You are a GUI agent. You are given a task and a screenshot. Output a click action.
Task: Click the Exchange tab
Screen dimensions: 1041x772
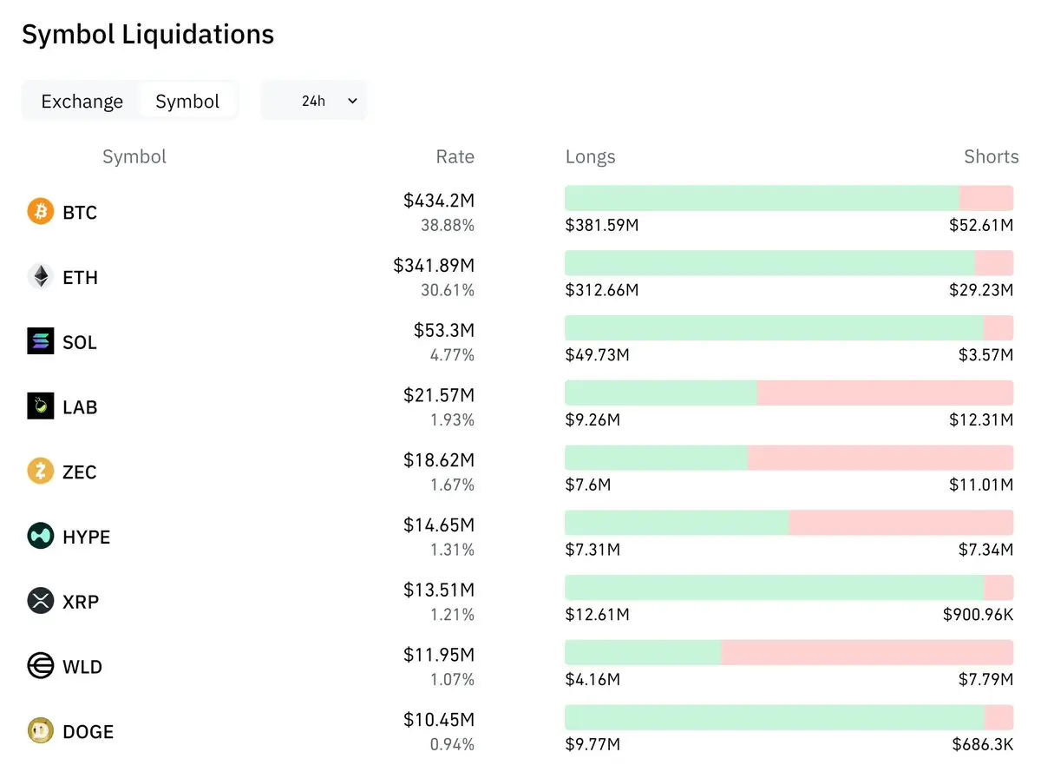click(82, 101)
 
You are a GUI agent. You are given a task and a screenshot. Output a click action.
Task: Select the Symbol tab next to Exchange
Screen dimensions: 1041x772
click(187, 101)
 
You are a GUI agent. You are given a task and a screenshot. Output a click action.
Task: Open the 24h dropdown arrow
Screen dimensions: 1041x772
click(352, 101)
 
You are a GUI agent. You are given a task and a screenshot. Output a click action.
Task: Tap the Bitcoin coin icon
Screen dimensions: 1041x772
click(41, 211)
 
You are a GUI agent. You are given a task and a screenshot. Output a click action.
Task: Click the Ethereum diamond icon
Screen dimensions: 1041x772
click(41, 276)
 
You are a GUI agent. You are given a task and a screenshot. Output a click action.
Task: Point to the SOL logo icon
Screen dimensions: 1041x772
click(41, 340)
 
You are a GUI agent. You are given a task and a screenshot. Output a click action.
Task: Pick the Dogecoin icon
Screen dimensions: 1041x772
click(41, 730)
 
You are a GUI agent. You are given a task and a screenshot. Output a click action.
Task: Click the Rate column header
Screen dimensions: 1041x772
click(455, 156)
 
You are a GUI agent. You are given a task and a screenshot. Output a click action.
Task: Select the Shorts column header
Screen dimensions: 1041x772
click(992, 156)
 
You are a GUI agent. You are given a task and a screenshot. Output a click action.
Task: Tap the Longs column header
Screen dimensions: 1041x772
click(590, 157)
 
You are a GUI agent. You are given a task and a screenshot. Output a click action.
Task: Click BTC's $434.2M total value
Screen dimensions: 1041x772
click(439, 201)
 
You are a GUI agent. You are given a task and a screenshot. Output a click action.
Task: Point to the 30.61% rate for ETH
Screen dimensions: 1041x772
click(448, 290)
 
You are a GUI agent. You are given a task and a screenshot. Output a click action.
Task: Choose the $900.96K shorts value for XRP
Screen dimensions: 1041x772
click(978, 614)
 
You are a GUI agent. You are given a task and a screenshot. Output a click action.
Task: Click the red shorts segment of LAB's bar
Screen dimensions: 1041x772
click(885, 393)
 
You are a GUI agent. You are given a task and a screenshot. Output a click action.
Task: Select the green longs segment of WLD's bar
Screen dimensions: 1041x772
click(643, 652)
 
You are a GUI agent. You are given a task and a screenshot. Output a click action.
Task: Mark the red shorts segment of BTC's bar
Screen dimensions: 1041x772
click(986, 198)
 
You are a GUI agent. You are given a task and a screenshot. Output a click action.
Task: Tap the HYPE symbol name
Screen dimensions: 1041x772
click(87, 537)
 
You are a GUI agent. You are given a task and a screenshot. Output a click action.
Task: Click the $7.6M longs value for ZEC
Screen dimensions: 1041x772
click(587, 485)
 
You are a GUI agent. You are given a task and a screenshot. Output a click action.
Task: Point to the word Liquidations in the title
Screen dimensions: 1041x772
click(198, 34)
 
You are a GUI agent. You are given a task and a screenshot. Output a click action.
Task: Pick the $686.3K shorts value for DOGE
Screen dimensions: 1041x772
click(982, 744)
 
